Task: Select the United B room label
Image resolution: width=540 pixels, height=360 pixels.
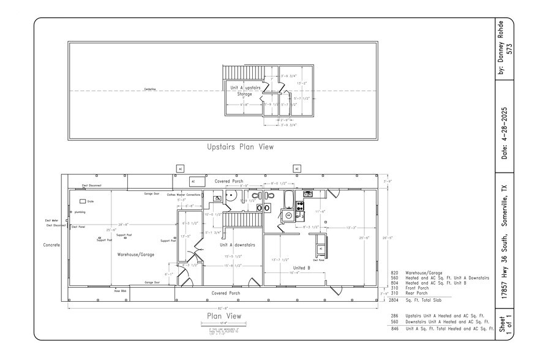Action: coord(302,268)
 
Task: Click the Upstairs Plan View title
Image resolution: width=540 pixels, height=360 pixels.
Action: coord(241,147)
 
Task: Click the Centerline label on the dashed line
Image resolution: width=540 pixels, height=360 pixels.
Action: coord(150,89)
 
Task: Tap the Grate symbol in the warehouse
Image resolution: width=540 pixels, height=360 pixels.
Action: coord(83,201)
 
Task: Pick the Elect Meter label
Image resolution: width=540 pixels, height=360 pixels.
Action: coord(51,220)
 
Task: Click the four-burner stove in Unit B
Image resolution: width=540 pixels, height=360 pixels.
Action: coord(299,206)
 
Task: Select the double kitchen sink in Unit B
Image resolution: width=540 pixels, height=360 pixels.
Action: coord(309,194)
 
